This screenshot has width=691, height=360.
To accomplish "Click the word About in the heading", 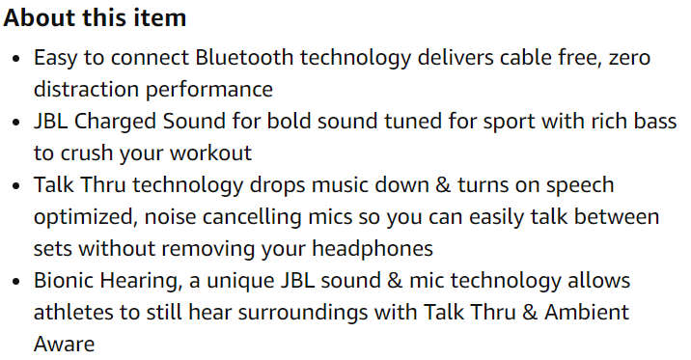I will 38,18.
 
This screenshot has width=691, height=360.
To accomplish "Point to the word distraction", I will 83,90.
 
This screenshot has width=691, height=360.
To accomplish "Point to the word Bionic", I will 63,280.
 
